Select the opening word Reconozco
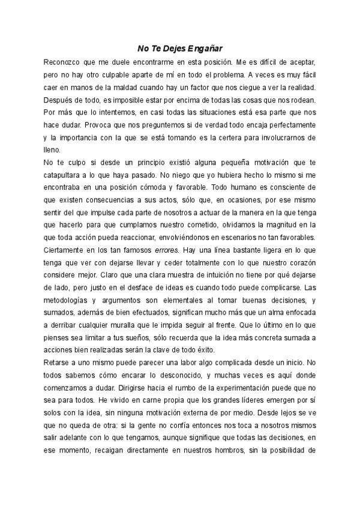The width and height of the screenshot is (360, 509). pos(65,62)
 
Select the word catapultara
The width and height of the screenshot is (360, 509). pos(65,175)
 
